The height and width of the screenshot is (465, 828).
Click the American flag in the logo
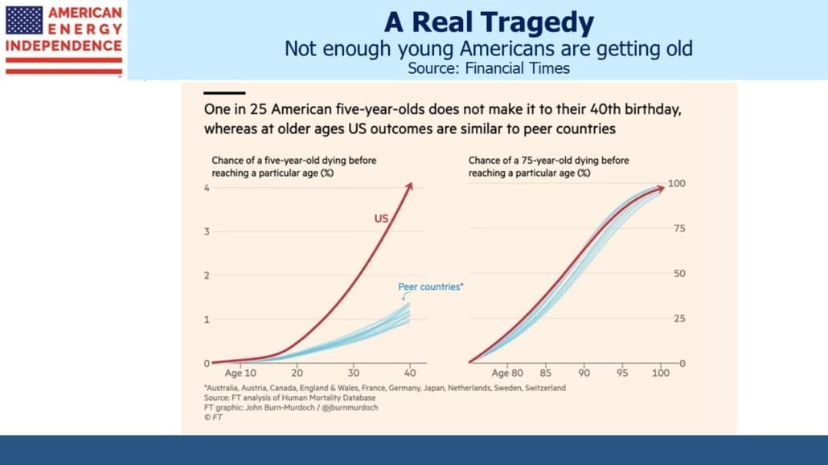coord(24,21)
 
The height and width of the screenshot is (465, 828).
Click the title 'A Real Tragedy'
coord(489,22)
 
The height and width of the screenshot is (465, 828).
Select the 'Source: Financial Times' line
coord(489,68)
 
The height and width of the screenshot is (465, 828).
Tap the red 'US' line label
coord(381,218)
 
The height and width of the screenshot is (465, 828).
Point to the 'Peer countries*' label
coord(430,287)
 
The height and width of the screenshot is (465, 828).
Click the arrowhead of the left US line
coord(409,186)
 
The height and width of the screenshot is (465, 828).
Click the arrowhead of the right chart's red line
coord(660,188)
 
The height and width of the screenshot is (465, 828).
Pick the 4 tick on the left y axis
coord(207,188)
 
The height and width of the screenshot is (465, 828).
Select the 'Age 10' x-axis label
coord(240,373)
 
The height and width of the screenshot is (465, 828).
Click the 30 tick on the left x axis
coord(353,373)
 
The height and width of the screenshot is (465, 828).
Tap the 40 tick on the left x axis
coord(410,373)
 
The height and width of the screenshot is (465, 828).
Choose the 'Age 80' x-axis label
coord(507,373)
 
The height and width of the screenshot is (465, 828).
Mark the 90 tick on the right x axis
coord(584,373)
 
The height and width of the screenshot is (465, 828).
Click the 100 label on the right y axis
coord(676,183)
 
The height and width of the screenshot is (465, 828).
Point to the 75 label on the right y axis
coord(679,229)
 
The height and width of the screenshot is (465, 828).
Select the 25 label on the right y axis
coord(679,318)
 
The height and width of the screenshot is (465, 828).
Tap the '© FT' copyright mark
coord(213,417)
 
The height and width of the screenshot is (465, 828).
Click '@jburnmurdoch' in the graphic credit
coord(350,407)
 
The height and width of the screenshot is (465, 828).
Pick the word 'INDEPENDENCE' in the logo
coord(64,46)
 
